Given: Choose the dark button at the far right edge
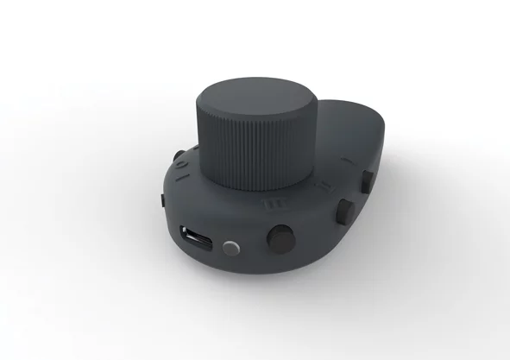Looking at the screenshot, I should point(367,180).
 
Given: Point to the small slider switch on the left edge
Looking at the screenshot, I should point(163,201).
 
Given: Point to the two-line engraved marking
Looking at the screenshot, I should point(323,186).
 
